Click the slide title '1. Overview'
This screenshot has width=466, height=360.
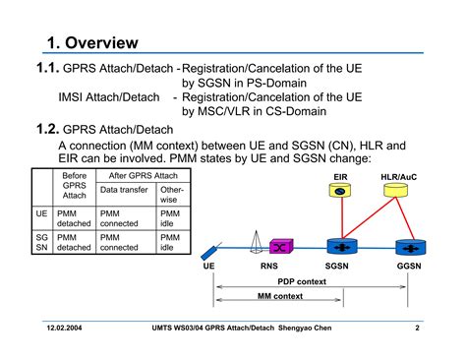click(x=92, y=42)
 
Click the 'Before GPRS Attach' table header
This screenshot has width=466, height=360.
click(x=75, y=185)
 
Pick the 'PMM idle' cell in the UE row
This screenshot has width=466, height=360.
click(x=170, y=217)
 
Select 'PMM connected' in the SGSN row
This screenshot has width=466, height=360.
click(x=125, y=242)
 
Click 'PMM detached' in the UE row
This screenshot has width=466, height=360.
click(x=75, y=217)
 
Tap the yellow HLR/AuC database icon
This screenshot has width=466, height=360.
click(x=399, y=192)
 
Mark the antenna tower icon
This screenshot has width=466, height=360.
click(x=254, y=240)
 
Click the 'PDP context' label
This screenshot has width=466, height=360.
click(x=301, y=281)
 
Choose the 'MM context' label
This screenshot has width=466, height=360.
click(x=279, y=295)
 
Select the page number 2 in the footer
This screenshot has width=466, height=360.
click(x=418, y=327)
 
